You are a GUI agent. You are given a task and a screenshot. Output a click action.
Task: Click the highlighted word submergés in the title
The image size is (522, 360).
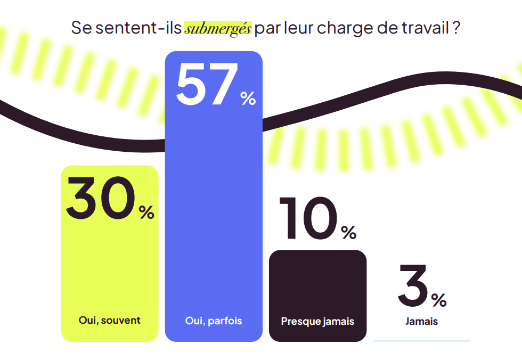coord(217,28)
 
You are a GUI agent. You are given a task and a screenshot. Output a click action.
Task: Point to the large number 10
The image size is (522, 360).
coord(308,218)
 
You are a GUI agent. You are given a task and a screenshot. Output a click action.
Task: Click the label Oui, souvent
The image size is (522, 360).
coord(109,320)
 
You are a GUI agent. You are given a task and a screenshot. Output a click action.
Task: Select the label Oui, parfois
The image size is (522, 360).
coord(213,321)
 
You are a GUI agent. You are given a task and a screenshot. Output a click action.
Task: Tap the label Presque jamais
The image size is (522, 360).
coord(317,322)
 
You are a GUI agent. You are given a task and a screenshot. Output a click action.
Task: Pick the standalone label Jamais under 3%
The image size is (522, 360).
coord(421,321)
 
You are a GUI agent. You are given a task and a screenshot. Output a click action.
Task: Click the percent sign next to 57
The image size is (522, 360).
coord(248,98)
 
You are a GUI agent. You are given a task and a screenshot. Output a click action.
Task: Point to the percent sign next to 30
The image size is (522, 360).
coord(146,212)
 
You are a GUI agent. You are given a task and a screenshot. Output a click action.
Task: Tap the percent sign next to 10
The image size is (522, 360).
coord(349,233)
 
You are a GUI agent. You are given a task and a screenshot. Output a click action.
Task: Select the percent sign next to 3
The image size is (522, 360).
coord(439,300)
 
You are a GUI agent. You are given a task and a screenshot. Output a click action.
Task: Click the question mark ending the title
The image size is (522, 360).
coord(456,28)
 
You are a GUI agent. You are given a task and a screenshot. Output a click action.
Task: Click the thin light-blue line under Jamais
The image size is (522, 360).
coord(421,341)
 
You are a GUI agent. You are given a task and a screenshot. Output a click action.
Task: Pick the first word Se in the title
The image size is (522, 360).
coord(81,28)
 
